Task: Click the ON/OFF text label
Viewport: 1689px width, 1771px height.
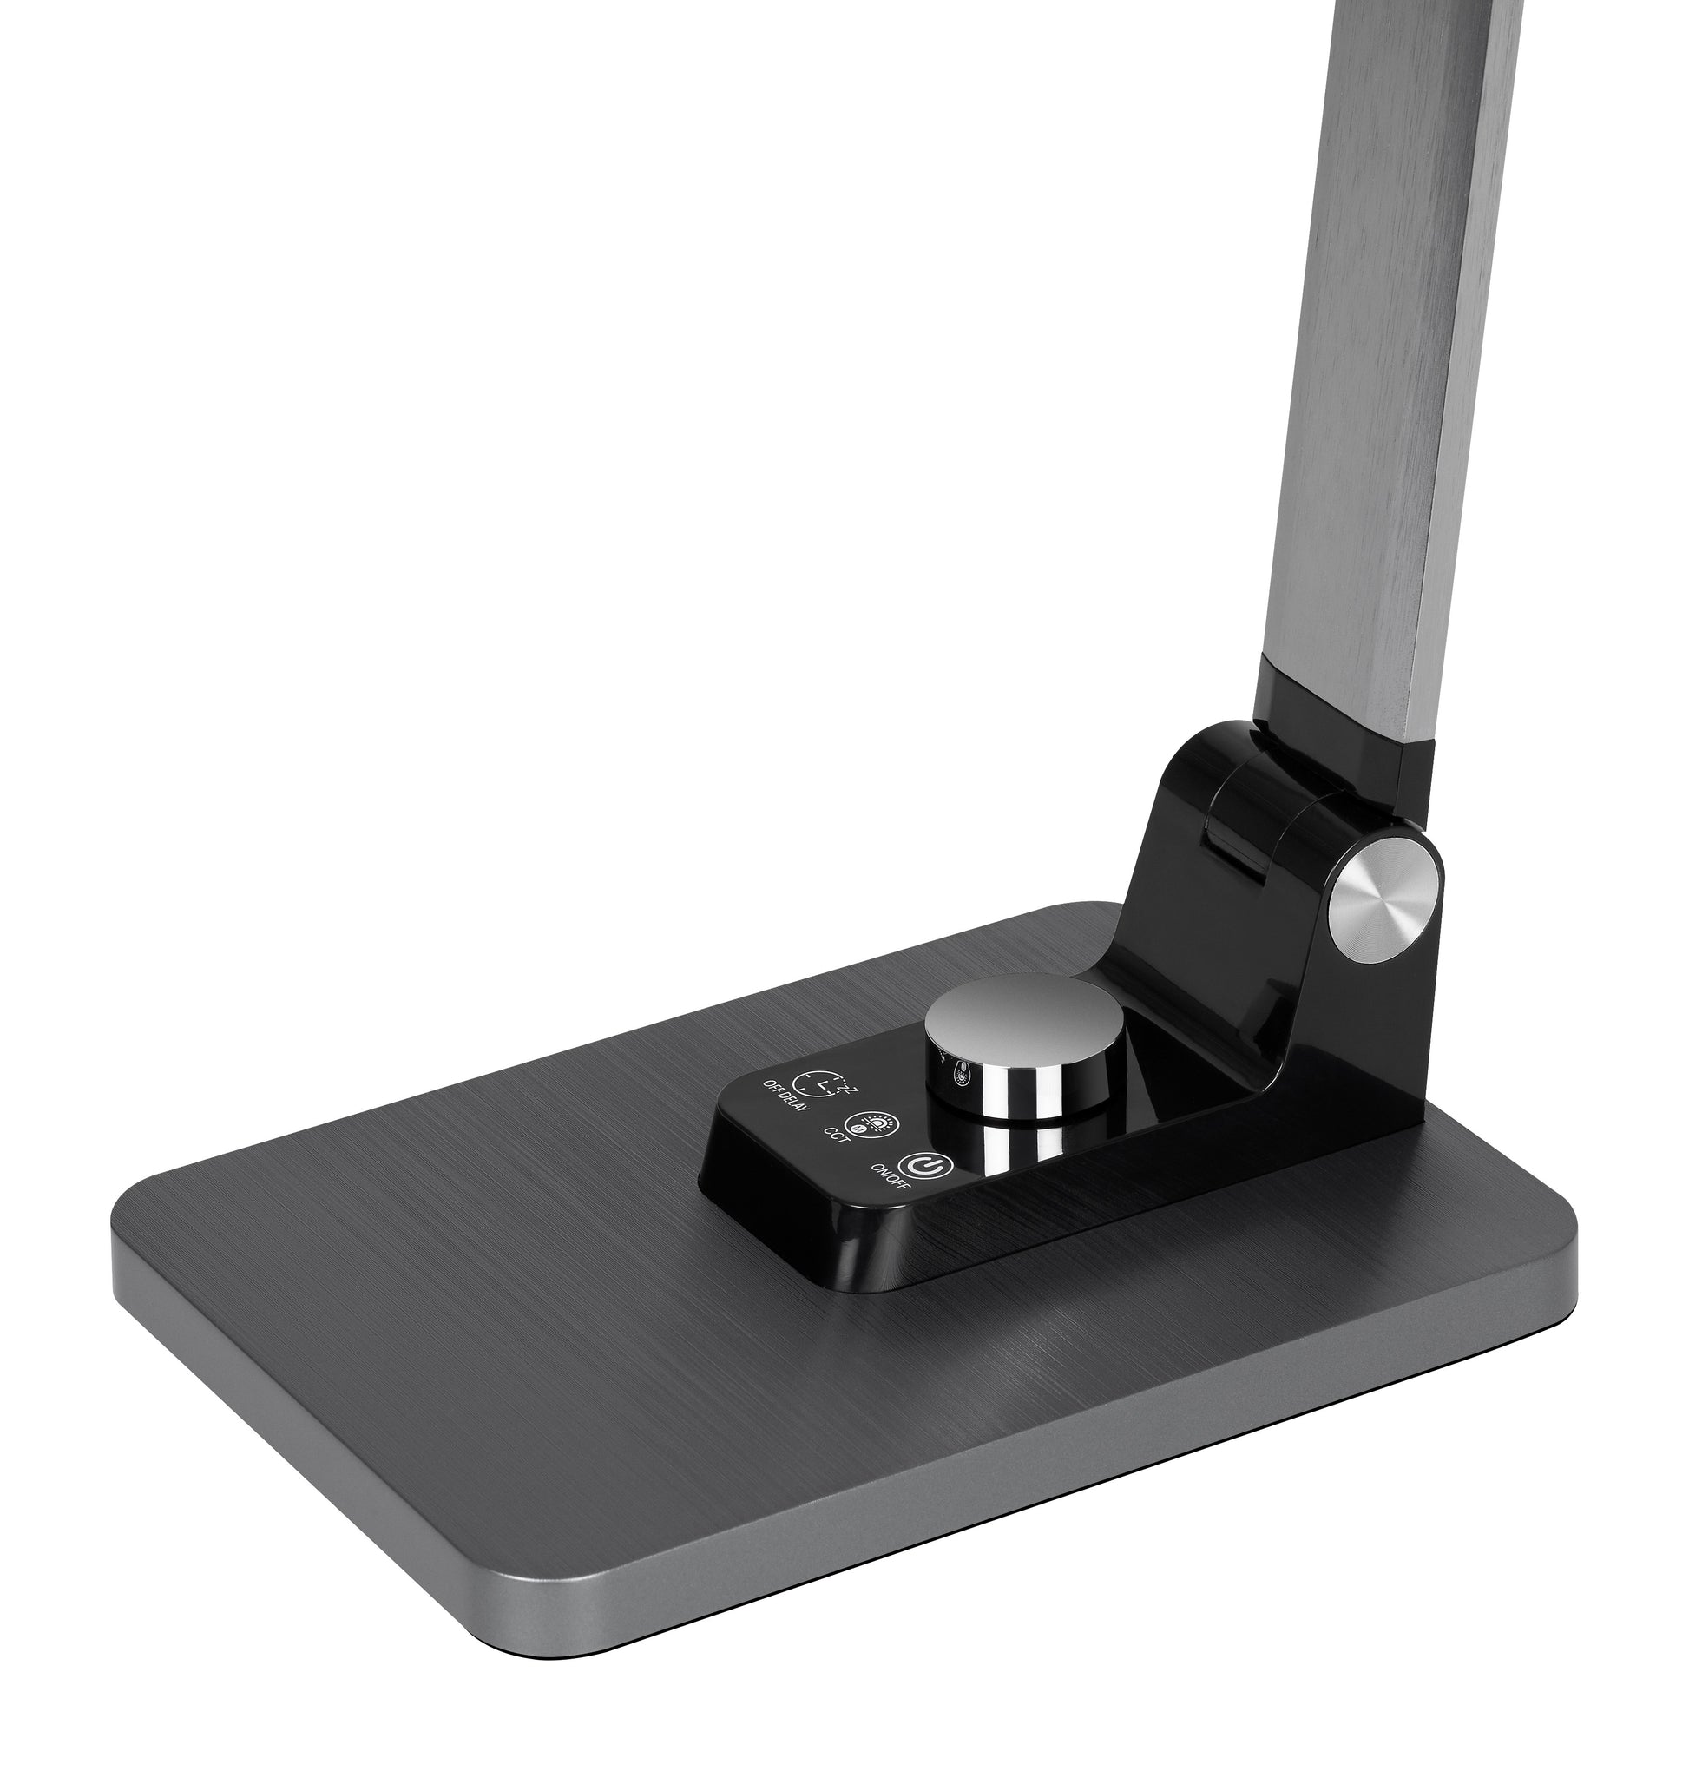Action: [891, 1189]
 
